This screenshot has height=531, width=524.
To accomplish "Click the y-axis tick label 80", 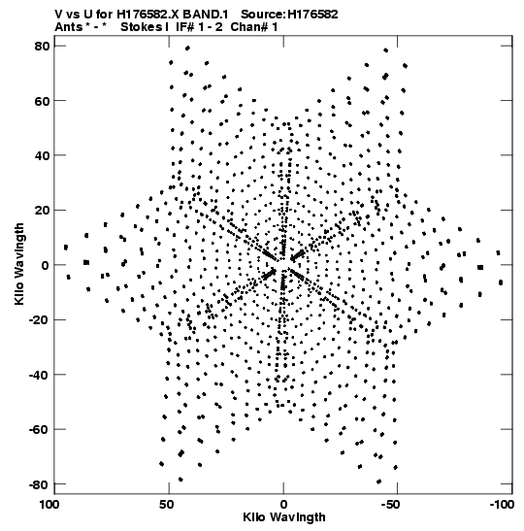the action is pyautogui.click(x=42, y=46).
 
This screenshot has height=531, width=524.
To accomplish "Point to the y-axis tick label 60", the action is pyautogui.click(x=42, y=101).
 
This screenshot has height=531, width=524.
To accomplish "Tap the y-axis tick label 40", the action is pyautogui.click(x=42, y=155).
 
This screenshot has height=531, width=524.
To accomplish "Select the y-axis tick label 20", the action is pyautogui.click(x=42, y=211).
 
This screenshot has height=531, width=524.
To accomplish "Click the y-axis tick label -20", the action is pyautogui.click(x=39, y=320).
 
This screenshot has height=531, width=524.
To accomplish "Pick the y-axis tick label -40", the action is pyautogui.click(x=39, y=375).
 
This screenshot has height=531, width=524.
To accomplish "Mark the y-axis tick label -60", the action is pyautogui.click(x=39, y=429).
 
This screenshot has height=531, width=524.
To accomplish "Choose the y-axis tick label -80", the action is pyautogui.click(x=39, y=484).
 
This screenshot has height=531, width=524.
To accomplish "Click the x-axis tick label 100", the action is pyautogui.click(x=50, y=505).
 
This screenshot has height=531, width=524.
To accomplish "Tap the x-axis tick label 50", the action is pyautogui.click(x=167, y=505).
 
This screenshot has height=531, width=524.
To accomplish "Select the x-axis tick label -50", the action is pyautogui.click(x=391, y=505).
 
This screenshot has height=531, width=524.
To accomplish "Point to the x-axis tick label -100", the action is pyautogui.click(x=502, y=505).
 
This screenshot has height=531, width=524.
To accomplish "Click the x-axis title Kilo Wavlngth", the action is pyautogui.click(x=284, y=517).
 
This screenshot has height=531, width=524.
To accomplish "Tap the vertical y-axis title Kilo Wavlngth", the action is pyautogui.click(x=19, y=264).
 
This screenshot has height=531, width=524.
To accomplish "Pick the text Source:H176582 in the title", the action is pyautogui.click(x=289, y=15).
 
